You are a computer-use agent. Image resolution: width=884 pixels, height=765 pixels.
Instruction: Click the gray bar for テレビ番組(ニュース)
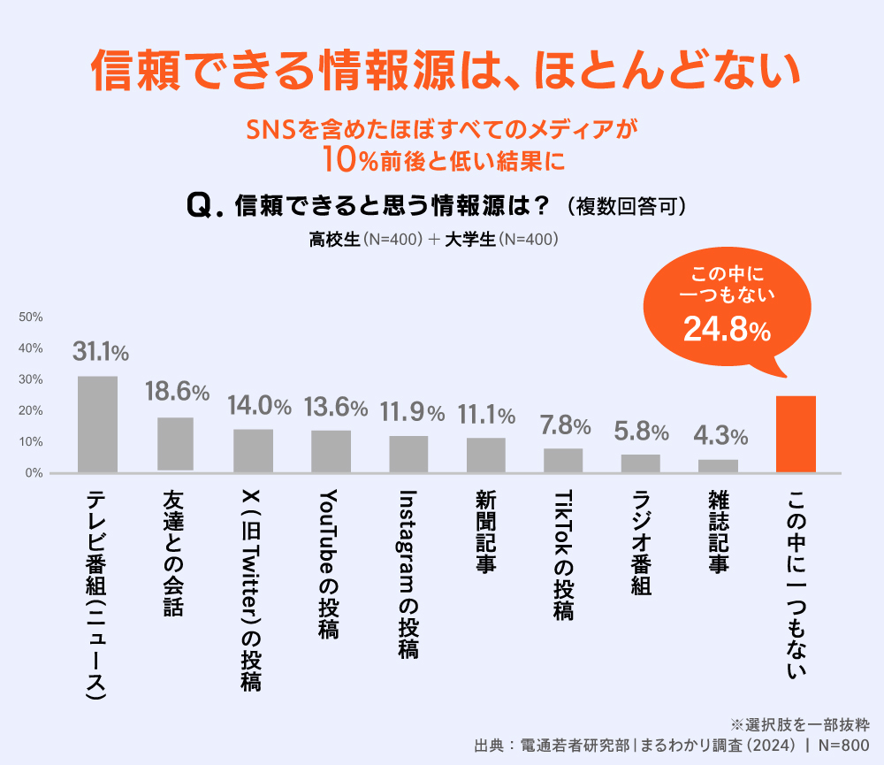[97, 425]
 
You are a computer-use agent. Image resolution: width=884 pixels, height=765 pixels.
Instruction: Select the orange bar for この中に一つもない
[796, 434]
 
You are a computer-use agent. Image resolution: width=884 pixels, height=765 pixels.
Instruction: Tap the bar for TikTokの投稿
[563, 460]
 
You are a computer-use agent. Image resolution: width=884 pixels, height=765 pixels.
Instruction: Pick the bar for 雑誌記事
[718, 465]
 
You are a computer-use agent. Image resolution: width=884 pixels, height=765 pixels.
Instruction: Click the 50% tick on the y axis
[31, 317]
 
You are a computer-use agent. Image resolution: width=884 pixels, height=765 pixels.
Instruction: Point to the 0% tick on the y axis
[34, 473]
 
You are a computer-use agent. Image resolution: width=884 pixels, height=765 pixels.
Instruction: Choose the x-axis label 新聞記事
[484, 532]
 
